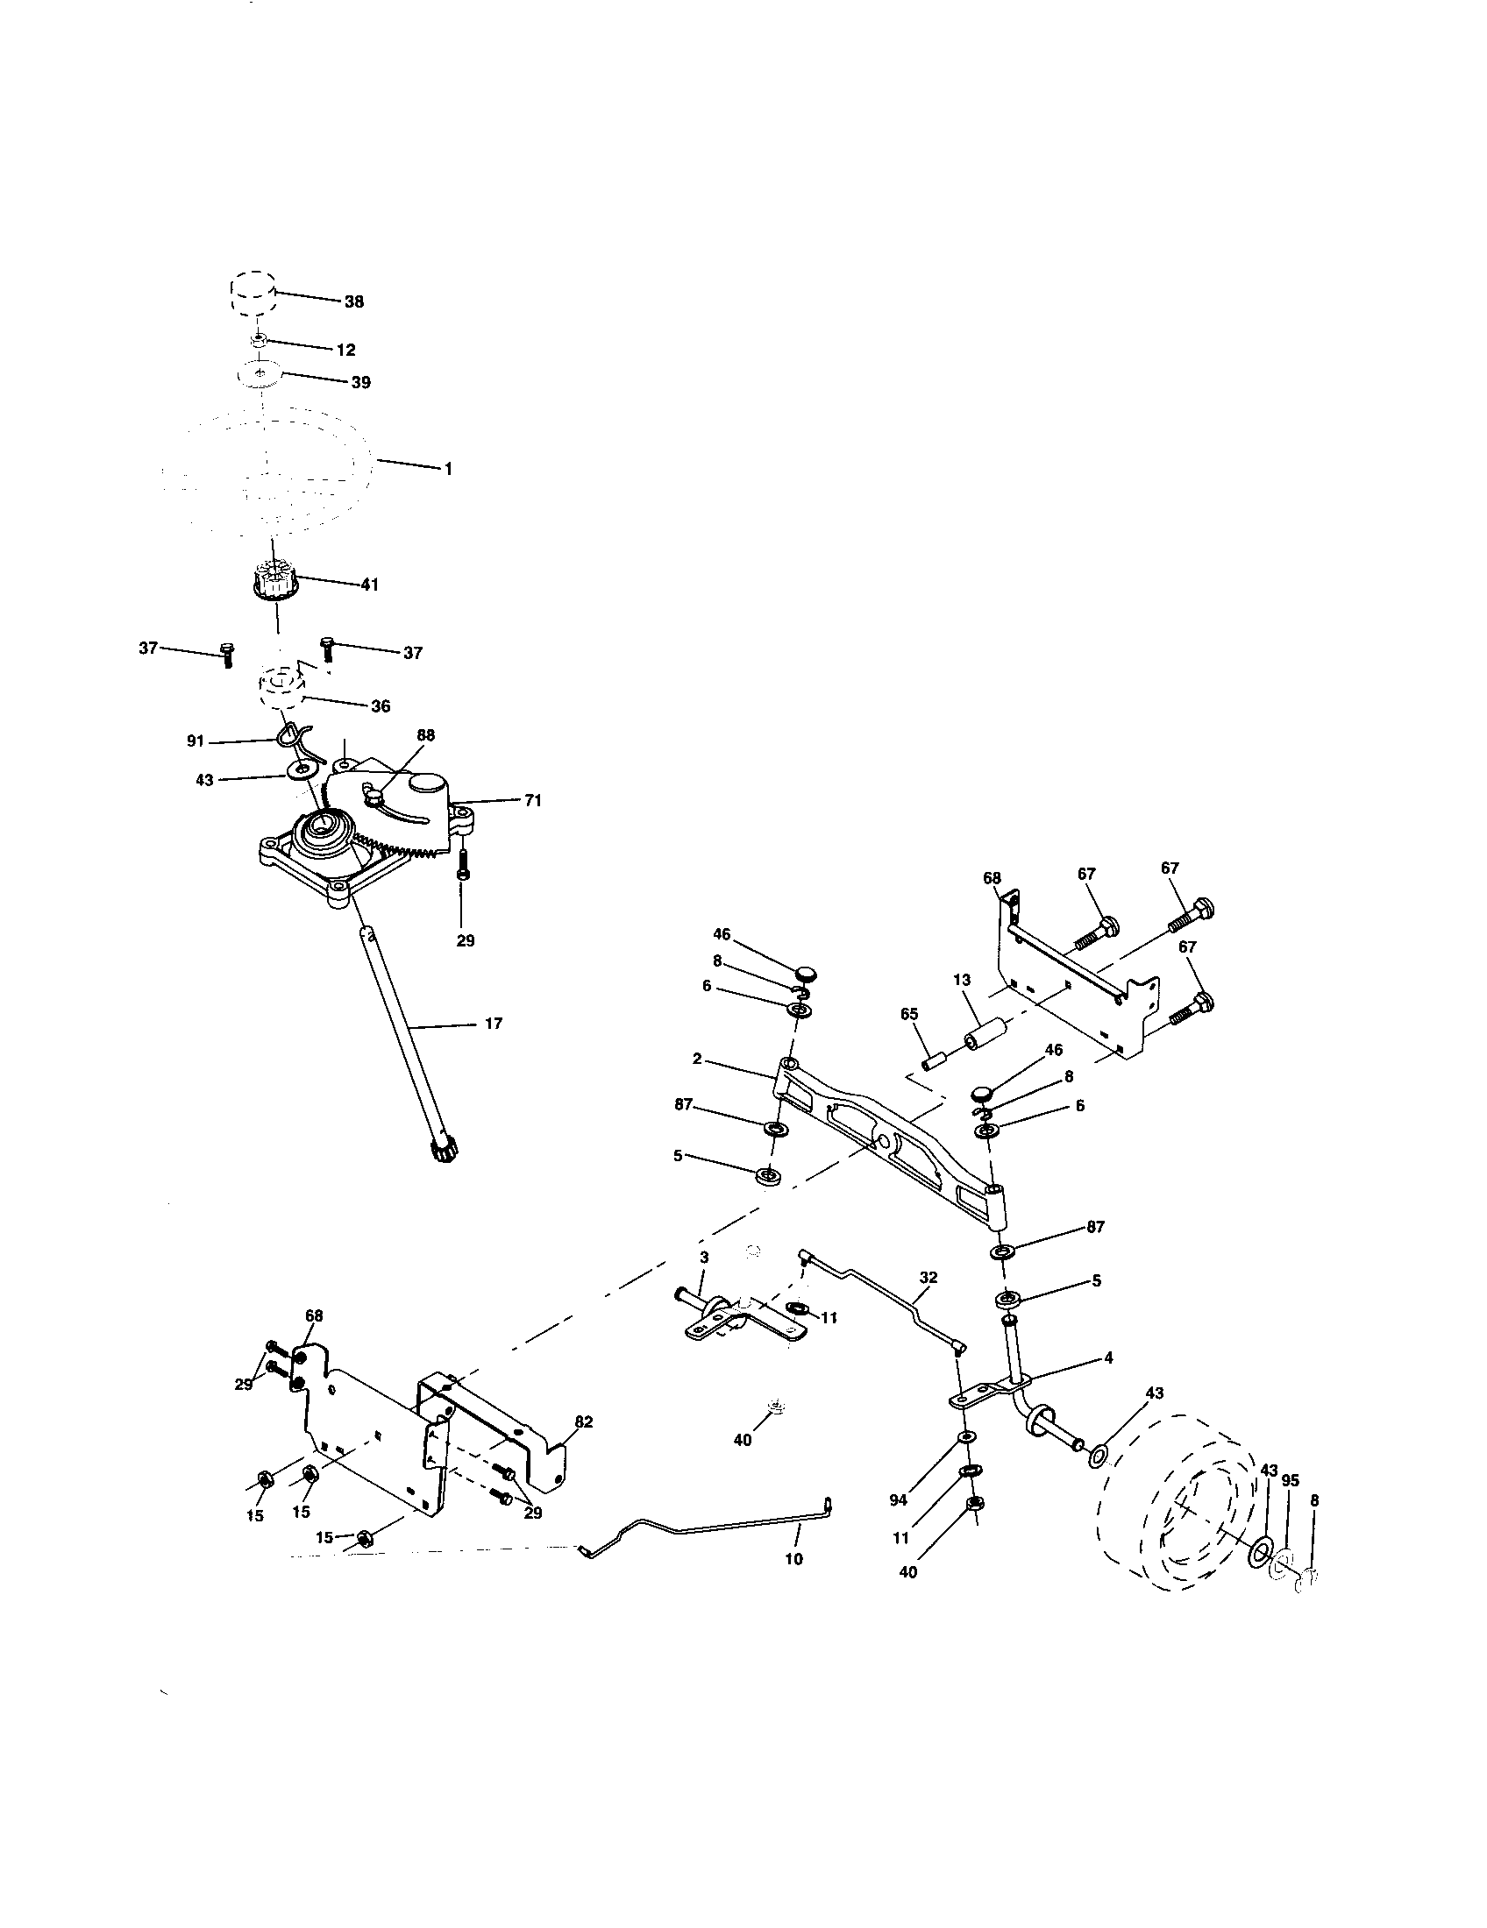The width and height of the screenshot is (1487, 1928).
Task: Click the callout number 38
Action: pos(353,302)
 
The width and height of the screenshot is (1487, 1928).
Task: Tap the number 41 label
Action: pos(368,585)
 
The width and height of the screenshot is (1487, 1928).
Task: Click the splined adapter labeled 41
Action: pos(277,582)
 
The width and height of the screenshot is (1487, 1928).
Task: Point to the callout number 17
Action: pos(494,1024)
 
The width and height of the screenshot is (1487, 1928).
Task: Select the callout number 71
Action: pos(532,801)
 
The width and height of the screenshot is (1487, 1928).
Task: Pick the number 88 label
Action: pos(425,735)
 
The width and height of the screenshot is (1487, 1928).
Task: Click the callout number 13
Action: pos(962,980)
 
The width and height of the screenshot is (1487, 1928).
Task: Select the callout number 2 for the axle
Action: pos(697,1059)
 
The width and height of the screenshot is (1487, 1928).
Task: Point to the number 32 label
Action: pos(928,1278)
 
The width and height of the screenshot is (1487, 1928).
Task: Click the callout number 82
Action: pos(584,1421)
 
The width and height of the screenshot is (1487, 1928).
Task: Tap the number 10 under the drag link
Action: pos(793,1560)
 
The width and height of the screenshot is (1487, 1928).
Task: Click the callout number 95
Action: pos(1290,1480)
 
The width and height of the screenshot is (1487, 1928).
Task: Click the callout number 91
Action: pos(196,741)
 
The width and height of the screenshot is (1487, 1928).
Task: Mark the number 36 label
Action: pos(381,706)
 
